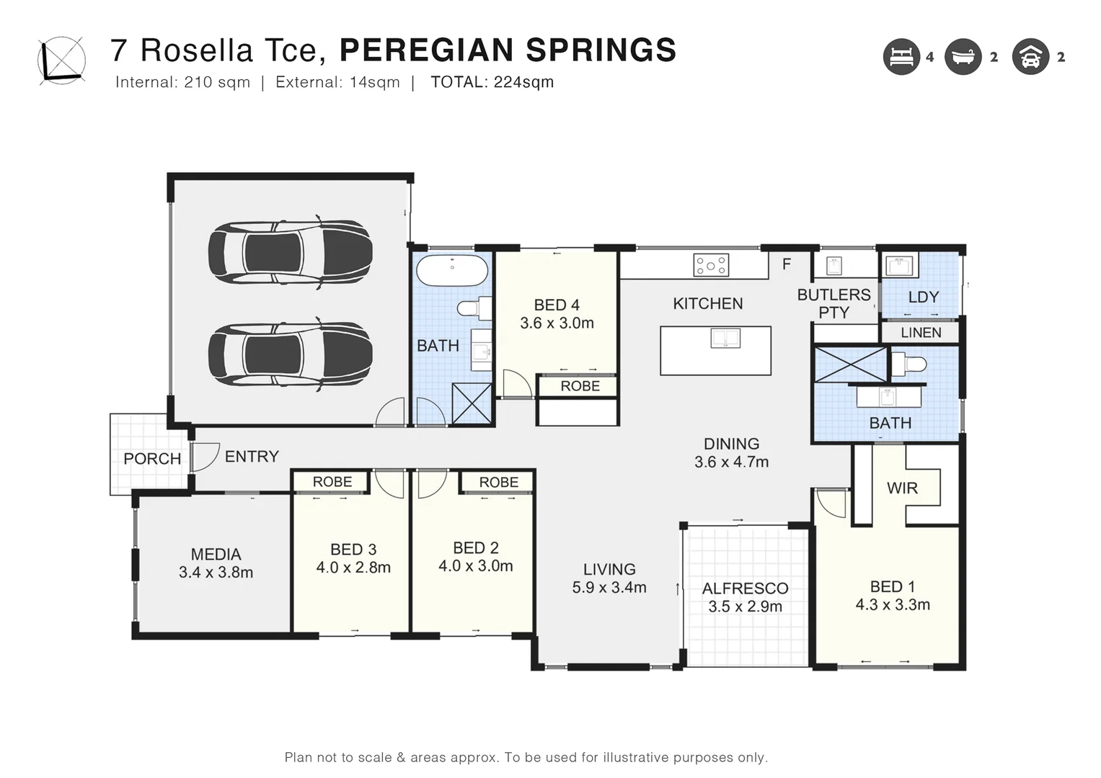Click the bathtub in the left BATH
click(x=451, y=270)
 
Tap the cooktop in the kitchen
click(x=710, y=265)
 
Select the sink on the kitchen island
click(x=725, y=339)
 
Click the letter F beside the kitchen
click(x=787, y=264)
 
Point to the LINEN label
click(x=921, y=333)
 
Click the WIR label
click(x=902, y=488)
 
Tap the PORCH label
click(x=152, y=458)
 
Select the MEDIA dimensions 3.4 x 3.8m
click(x=216, y=572)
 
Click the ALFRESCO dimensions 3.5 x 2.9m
click(x=745, y=607)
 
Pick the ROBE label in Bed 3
click(x=332, y=482)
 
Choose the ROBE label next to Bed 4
click(x=580, y=386)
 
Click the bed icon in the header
click(x=901, y=56)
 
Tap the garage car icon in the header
click(x=1030, y=56)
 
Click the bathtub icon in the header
click(x=963, y=56)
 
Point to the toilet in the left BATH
click(x=474, y=308)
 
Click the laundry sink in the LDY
click(x=900, y=266)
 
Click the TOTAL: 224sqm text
click(x=492, y=82)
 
